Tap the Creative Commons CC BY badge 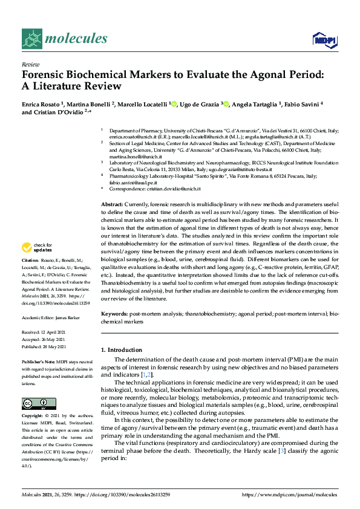(x=39, y=404)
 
